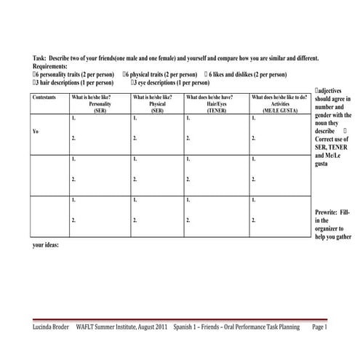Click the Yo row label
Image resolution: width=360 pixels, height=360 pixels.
(36, 132)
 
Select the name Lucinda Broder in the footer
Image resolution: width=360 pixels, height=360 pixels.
(52, 328)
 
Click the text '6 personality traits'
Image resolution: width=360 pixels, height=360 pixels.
(65, 74)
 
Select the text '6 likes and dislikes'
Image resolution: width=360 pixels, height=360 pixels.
(236, 74)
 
